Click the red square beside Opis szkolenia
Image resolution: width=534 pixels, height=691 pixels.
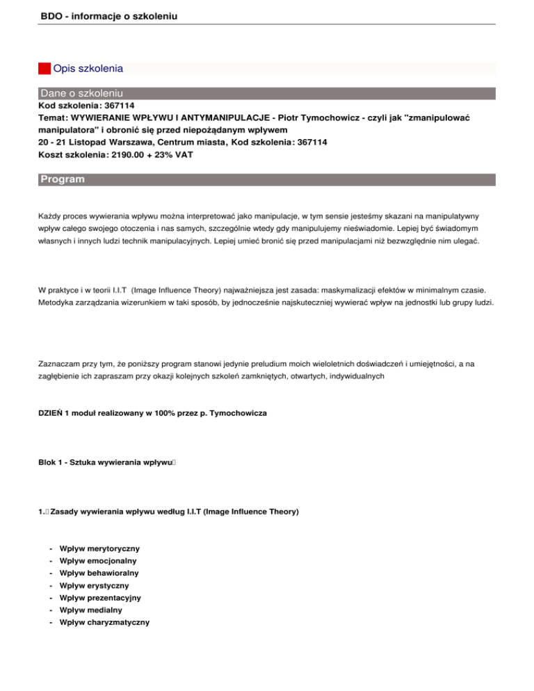point(44,69)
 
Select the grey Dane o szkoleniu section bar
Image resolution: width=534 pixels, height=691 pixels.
point(266,93)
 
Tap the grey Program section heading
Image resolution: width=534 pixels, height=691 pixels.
point(266,179)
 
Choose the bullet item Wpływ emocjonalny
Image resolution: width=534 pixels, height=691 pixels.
point(98,560)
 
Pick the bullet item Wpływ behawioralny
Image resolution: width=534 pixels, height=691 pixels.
point(99,573)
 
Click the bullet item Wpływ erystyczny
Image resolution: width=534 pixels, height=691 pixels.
point(95,585)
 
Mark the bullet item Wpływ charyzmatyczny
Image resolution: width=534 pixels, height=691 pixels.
point(104,622)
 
